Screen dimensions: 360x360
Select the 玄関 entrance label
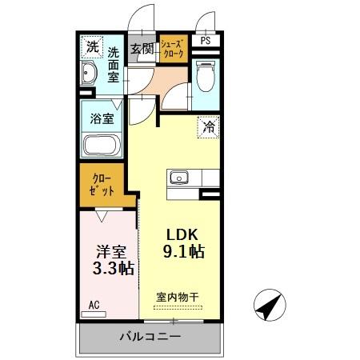[x=142, y=48]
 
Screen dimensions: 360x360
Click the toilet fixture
[x=205, y=75]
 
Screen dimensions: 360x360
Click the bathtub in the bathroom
[x=102, y=146]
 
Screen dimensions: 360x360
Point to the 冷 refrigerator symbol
[x=206, y=126]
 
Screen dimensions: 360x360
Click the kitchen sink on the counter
[x=177, y=178]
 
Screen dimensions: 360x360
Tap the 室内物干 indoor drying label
[x=178, y=296]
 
